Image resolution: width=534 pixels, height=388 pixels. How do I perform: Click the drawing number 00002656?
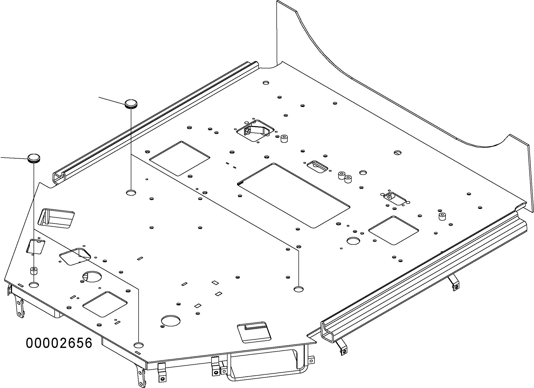pos(59,343)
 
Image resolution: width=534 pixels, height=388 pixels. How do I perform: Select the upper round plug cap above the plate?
pos(131,103)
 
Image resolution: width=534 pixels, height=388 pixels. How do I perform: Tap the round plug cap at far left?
pos(34,158)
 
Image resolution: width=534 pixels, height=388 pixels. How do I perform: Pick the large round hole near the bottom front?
pos(171,321)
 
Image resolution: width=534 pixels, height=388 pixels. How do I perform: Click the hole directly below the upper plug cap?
pos(131,193)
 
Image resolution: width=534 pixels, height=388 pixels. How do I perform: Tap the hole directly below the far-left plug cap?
pos(34,285)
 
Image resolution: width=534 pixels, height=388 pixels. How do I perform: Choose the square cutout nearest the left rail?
pos(179,158)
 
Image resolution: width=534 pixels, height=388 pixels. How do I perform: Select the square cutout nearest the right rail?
pos(393,230)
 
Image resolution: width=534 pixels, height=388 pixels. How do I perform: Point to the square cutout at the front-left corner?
pos(105,304)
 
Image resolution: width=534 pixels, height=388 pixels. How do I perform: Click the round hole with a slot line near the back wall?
pos(398,152)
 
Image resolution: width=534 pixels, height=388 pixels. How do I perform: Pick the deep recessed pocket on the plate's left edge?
pos(56,217)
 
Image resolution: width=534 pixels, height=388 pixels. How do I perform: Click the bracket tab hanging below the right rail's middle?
pos(454,285)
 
